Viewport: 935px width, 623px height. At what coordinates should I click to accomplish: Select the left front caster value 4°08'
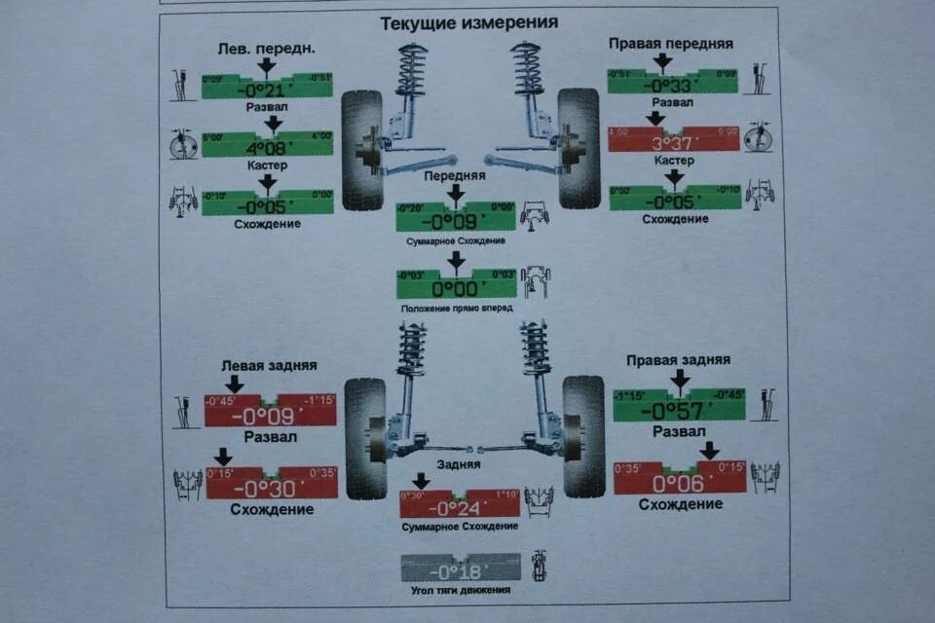267,149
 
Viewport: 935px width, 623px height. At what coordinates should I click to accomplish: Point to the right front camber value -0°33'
672,86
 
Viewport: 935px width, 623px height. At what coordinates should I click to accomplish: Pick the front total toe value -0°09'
455,220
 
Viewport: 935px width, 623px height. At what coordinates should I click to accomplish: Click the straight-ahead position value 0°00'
455,288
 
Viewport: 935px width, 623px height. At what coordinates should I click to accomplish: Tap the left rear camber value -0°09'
270,415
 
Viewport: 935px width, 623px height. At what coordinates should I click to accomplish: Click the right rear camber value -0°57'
679,409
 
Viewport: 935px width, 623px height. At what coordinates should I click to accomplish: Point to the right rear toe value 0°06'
679,483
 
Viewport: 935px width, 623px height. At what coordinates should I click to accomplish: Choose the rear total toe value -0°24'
459,508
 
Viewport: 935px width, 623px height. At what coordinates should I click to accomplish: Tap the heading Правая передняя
670,44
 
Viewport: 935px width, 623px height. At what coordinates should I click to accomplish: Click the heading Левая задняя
269,365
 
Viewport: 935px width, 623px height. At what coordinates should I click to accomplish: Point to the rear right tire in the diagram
583,436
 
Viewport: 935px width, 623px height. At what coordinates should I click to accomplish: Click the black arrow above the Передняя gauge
455,193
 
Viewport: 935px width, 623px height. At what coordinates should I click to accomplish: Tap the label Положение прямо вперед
456,308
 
